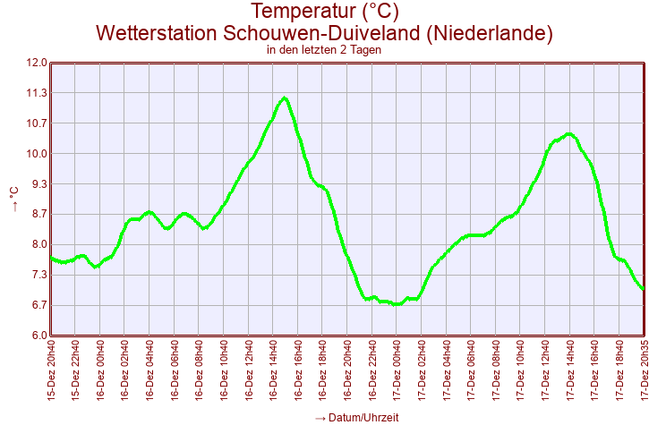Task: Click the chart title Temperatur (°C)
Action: (x=324, y=12)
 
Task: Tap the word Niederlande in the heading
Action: (x=490, y=33)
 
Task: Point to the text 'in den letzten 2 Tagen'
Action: (x=324, y=50)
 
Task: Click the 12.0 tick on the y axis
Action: (x=36, y=63)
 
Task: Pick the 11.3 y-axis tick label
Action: (x=36, y=93)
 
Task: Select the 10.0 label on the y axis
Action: (x=36, y=154)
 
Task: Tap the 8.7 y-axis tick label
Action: (x=36, y=214)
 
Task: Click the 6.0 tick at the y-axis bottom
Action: (x=36, y=336)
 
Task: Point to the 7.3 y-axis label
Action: (x=36, y=275)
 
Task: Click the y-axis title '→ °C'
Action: (x=13, y=199)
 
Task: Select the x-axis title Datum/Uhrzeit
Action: (x=356, y=418)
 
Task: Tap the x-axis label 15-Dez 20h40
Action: (x=51, y=370)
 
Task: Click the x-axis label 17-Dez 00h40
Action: (x=397, y=370)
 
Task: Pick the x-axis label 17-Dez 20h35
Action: (x=643, y=370)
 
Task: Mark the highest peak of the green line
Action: (x=284, y=98)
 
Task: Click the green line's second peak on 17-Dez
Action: (x=569, y=134)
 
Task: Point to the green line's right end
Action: (x=643, y=288)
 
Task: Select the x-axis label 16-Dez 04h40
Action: (x=149, y=370)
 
